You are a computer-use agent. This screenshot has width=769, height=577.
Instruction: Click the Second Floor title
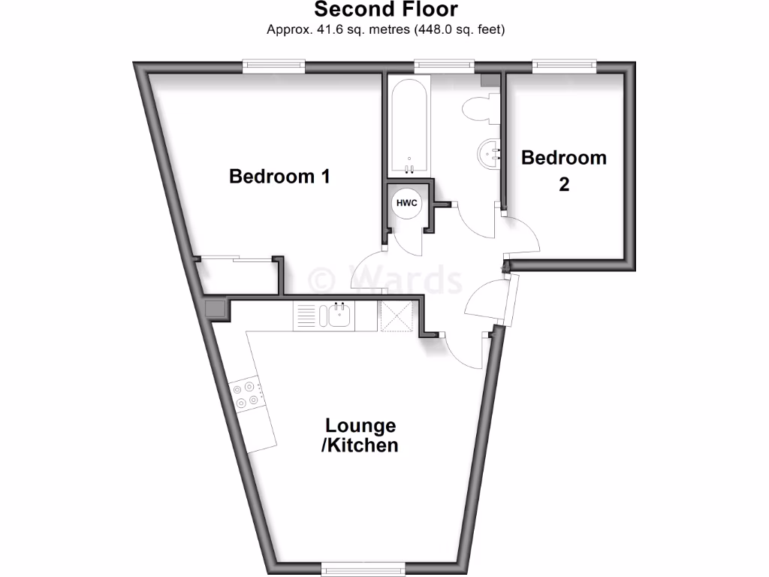click(385, 10)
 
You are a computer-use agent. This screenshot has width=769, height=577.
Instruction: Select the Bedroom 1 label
click(279, 177)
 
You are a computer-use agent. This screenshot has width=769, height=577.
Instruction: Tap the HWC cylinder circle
click(406, 203)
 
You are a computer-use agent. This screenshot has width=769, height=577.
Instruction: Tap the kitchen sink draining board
click(308, 316)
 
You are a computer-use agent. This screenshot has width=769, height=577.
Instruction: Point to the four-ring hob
click(248, 395)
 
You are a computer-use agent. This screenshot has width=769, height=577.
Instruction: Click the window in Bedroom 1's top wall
click(274, 67)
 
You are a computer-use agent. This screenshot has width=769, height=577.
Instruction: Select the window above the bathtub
click(445, 67)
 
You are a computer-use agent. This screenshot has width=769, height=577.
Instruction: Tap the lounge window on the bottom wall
click(363, 569)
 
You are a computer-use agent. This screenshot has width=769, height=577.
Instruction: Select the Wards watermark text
click(387, 279)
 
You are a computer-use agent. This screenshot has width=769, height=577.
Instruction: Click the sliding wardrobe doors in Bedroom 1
click(235, 260)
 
